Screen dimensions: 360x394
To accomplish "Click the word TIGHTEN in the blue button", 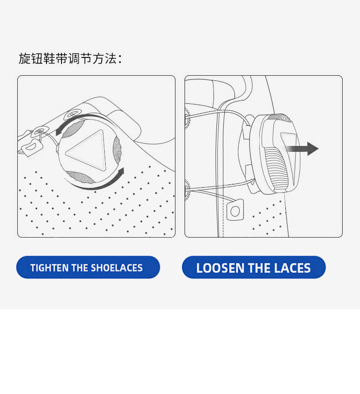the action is click(x=50, y=268).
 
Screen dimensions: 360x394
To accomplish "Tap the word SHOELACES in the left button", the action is click(x=117, y=268).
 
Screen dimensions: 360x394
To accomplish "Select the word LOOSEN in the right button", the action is click(x=220, y=268).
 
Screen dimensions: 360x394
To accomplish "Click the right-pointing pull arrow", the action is click(x=302, y=149).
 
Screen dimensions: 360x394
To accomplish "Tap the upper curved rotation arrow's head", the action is click(x=59, y=131).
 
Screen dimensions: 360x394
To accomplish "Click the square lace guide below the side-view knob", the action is click(x=235, y=210).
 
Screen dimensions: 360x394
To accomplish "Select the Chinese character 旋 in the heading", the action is click(x=25, y=58).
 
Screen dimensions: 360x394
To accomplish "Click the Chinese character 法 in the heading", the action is click(x=111, y=58).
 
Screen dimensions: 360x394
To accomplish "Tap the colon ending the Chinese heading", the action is click(x=120, y=60).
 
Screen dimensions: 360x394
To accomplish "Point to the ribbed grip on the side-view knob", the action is click(x=276, y=168).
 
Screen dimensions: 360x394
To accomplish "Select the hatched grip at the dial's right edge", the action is click(x=117, y=151).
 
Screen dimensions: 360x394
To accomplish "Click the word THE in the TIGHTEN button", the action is click(x=80, y=268).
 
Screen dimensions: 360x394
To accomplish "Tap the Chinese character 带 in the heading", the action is click(x=62, y=58).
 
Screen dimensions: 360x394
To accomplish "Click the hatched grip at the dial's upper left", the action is click(x=73, y=129).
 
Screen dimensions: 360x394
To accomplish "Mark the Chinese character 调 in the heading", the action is click(x=74, y=58).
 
